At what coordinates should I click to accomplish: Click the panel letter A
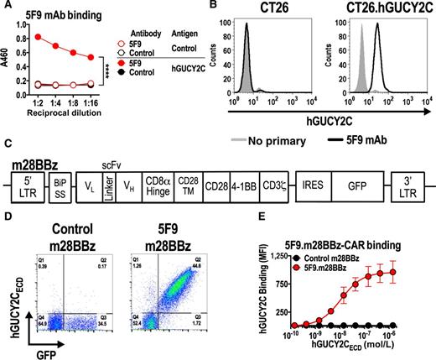tap(6, 7)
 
